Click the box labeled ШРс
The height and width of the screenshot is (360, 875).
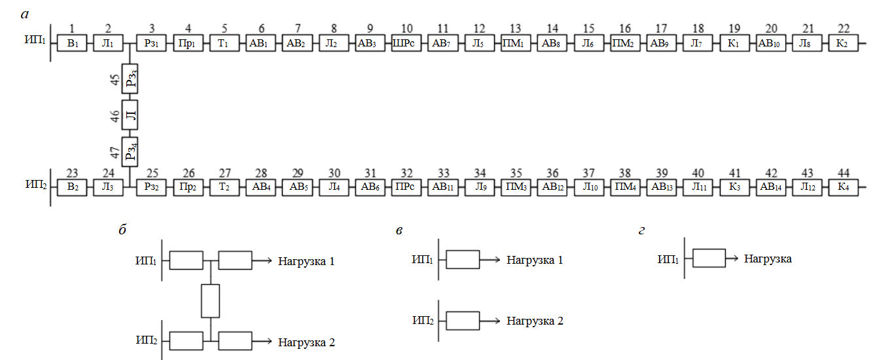tap(406, 45)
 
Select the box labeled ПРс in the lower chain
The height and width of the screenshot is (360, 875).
tap(406, 185)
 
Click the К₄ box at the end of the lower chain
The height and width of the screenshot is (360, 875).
tap(843, 185)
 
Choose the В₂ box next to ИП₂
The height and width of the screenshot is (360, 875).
tap(72, 185)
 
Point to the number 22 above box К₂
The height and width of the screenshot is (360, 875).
tap(843, 29)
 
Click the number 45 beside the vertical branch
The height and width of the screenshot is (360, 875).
tap(115, 81)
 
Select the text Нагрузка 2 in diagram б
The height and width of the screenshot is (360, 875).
tap(306, 342)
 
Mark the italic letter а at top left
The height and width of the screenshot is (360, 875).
tap(24, 12)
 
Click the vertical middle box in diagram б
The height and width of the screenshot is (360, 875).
tap(210, 301)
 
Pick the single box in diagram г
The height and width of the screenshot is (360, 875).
tap(709, 259)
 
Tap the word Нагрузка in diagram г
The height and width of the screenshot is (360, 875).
tap(768, 259)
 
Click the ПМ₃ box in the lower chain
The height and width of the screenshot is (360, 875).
tap(516, 185)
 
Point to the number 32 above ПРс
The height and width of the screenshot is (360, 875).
tap(406, 172)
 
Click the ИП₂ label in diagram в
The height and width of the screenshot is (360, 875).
tap(422, 321)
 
